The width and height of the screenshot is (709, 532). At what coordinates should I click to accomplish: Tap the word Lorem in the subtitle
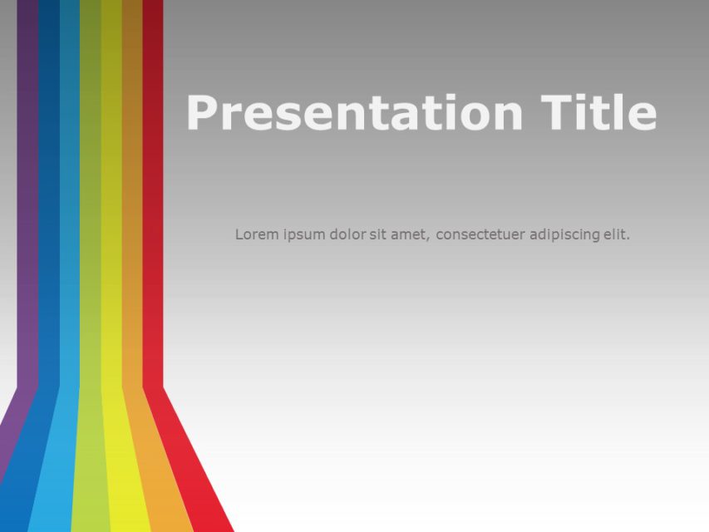click(x=254, y=234)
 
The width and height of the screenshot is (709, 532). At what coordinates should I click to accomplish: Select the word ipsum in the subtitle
click(x=302, y=235)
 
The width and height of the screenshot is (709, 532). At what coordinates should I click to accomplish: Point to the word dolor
click(x=347, y=234)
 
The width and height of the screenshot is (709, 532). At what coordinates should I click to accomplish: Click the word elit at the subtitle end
click(x=615, y=234)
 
